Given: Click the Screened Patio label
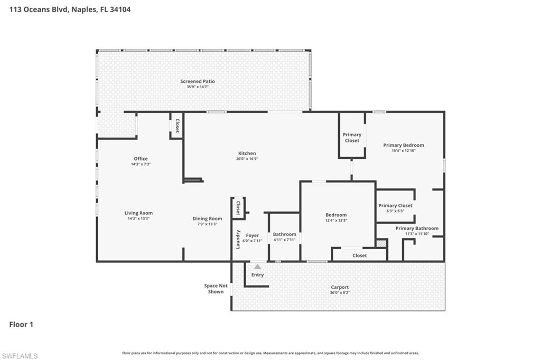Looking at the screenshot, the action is (x=198, y=81).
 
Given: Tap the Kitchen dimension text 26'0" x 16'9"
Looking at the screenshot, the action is (x=247, y=159).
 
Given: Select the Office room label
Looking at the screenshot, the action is (x=141, y=158).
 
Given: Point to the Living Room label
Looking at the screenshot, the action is (x=138, y=213).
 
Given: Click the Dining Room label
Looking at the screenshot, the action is (x=207, y=219).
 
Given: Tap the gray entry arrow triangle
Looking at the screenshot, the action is (x=257, y=267).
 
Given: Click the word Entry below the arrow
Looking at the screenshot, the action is (x=257, y=275).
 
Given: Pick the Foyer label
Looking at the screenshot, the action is (x=252, y=235).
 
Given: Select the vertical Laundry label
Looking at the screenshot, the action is (x=238, y=239).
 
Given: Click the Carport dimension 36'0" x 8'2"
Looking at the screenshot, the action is (x=340, y=293).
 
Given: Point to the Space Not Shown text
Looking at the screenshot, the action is (x=216, y=289).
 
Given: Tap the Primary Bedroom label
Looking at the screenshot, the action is (x=404, y=145).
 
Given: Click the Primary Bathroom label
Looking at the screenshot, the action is (x=417, y=228).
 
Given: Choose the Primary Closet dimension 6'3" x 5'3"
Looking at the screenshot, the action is (x=395, y=211).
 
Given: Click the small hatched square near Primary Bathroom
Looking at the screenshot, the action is (x=381, y=243).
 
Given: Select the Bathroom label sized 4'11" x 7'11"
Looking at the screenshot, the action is (x=285, y=234).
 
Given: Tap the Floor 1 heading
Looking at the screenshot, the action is (x=21, y=325).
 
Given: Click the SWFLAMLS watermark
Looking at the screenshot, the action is (x=20, y=356).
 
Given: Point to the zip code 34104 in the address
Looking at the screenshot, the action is (x=120, y=10).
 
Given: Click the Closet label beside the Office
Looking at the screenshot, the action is (x=178, y=126).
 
